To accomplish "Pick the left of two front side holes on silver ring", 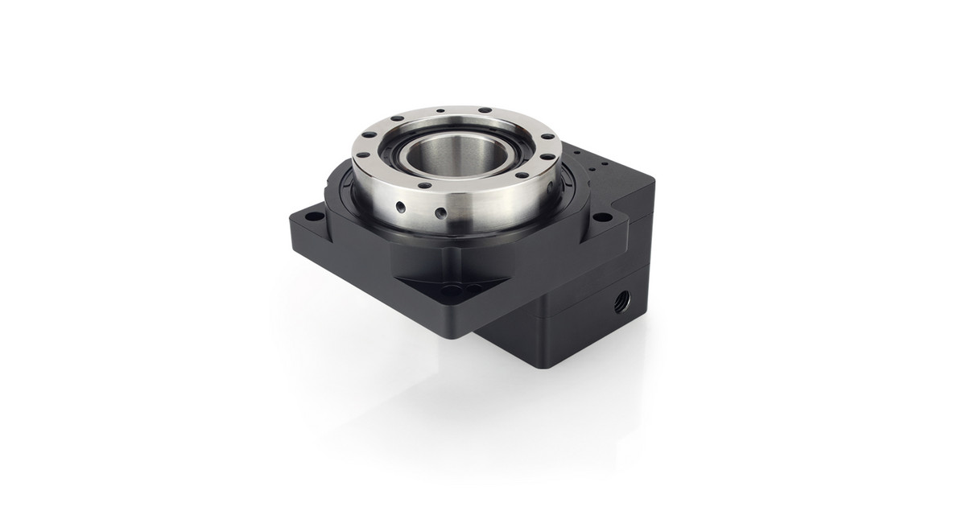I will click(400, 207).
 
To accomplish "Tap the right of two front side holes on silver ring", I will click(440, 214).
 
